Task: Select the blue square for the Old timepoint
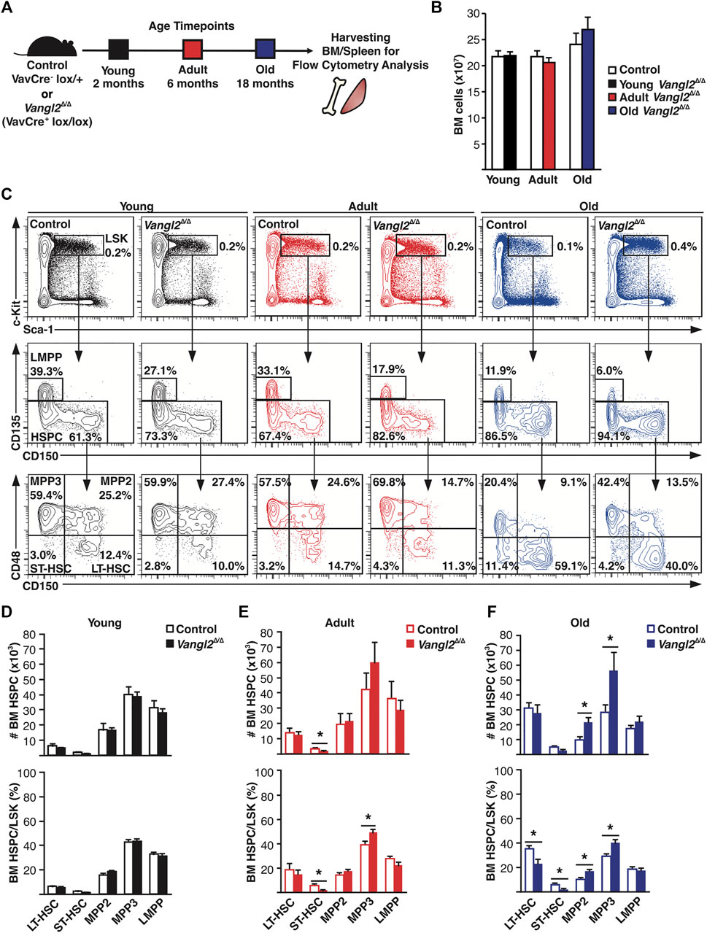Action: pos(265,50)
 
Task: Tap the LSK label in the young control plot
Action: pos(116,238)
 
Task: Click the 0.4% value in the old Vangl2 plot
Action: pos(684,247)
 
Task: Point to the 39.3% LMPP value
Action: pos(47,372)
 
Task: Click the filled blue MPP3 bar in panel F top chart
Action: pos(625,711)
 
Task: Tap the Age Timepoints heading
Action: pos(191,26)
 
